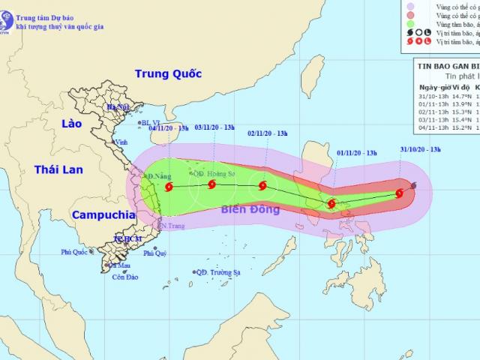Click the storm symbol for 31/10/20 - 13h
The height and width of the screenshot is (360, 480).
pos(399,193)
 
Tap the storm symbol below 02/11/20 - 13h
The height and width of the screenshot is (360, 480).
pos(262,185)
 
